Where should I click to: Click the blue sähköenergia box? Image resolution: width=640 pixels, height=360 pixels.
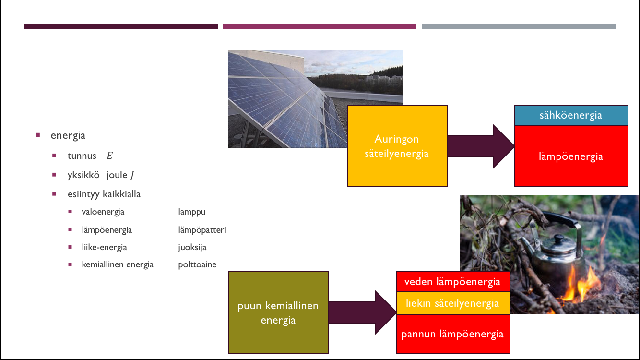coord(571,115)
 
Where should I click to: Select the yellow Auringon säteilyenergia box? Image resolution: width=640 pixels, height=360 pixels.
coord(397,146)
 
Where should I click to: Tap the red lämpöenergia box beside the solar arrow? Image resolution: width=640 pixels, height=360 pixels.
coord(571,156)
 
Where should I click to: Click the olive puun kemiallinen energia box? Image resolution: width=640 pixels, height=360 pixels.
coord(278,312)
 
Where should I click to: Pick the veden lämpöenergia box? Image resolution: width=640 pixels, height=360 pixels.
coord(452,282)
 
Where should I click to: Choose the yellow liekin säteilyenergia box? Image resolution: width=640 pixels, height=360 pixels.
coord(452,303)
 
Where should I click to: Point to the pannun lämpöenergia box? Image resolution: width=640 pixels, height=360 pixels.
coord(452,334)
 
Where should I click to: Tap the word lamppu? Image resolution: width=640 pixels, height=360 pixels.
coord(191,212)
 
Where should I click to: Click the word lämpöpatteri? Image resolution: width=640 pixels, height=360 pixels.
coord(202,230)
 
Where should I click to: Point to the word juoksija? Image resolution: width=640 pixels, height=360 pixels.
coord(192,248)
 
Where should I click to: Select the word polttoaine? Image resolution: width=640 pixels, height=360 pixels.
coord(197,264)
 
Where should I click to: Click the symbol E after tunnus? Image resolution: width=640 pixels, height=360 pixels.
coord(109,156)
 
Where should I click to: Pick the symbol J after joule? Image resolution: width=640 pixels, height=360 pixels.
coord(131,175)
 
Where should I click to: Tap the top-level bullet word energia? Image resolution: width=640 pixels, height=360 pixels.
coord(68,135)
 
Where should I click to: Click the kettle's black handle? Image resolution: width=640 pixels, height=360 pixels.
coord(566,221)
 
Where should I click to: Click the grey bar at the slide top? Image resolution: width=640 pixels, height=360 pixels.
coord(519,26)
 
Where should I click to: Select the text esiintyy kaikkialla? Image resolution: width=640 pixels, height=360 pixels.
coord(104,194)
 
